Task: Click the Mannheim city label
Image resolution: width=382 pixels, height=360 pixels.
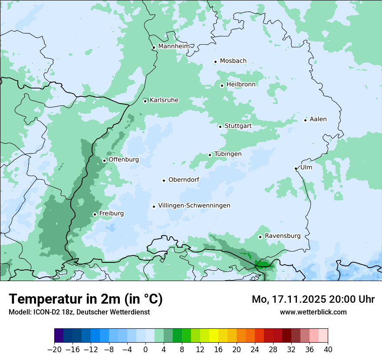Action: tap(174, 46)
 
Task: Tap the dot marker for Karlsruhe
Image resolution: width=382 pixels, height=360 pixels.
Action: tap(145, 101)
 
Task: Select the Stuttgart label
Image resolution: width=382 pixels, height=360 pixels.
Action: tap(238, 126)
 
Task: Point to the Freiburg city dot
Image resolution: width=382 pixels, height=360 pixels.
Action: tap(95, 214)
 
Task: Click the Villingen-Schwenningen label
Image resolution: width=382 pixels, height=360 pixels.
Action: tap(194, 206)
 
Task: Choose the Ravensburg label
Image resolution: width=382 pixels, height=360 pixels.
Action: tap(282, 236)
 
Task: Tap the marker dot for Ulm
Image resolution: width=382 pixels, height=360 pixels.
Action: tap(296, 168)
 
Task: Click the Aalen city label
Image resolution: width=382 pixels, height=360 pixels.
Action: tap(318, 119)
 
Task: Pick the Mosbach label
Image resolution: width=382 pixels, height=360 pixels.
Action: tap(233, 61)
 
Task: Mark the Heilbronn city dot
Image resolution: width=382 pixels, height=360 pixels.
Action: tap(222, 85)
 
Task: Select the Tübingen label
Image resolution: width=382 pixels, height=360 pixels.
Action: tap(227, 154)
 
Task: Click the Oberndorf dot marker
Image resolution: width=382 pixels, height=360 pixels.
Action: tap(164, 180)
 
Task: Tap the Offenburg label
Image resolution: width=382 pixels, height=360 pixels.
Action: tap(124, 160)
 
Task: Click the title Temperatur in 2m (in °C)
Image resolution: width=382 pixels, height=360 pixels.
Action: tap(86, 299)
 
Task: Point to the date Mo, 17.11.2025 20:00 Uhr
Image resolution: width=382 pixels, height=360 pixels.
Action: tap(313, 299)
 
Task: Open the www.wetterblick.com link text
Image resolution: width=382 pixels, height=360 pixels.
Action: tap(313, 312)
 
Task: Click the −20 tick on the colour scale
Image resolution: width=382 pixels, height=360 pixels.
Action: tap(54, 350)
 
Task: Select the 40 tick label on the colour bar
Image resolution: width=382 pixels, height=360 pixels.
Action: tap(328, 350)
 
